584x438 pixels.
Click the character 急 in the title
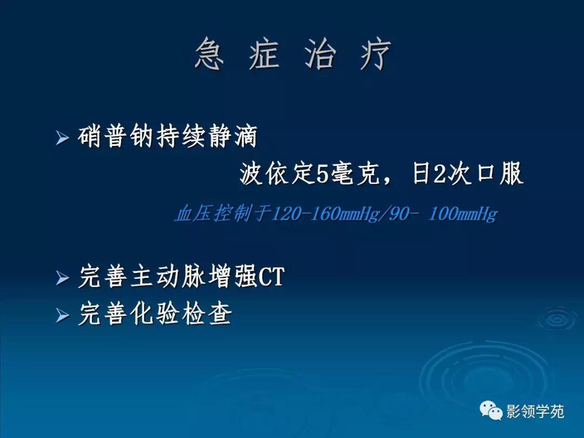(x=209, y=54)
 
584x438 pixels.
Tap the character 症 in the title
(x=264, y=54)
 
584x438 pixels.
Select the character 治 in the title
(x=320, y=54)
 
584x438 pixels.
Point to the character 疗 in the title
(x=375, y=54)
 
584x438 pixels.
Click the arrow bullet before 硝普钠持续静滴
(x=63, y=138)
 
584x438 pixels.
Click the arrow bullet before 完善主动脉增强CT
(x=63, y=279)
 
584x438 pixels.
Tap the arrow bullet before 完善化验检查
(x=63, y=315)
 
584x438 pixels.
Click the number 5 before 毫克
(x=322, y=175)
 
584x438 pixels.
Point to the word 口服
(x=497, y=175)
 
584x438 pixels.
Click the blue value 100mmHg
(x=462, y=215)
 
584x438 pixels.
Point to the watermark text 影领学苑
(x=535, y=412)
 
